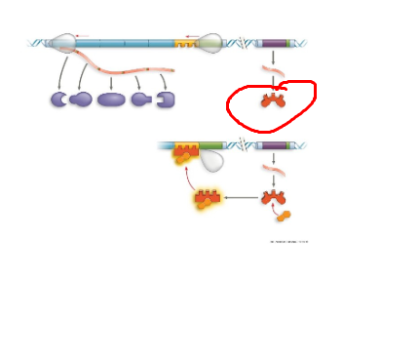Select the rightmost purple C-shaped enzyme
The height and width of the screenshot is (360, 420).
pos(165,100)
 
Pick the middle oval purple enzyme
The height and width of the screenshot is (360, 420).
pos(110,100)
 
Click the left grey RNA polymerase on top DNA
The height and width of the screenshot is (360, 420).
pos(61,43)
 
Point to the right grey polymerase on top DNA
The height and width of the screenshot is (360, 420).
pos(210,43)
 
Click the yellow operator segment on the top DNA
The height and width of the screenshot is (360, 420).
pos(183,44)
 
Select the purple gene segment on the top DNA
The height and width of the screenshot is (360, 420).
pos(274,44)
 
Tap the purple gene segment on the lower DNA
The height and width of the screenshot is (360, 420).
pos(274,146)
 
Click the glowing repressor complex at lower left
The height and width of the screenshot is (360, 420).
pos(206,199)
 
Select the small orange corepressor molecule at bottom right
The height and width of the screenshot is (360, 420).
pos(284,216)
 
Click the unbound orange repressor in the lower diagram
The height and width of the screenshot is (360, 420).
pos(273,198)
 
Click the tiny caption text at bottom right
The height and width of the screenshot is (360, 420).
pos(288,241)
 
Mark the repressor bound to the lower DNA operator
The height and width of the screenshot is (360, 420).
pos(183,151)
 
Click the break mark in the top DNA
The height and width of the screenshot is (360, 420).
pos(243,43)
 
